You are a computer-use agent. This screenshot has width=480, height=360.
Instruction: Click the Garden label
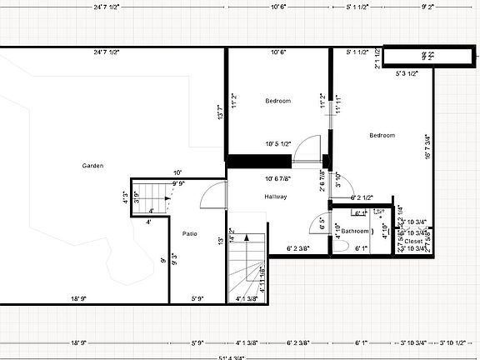click(x=92, y=166)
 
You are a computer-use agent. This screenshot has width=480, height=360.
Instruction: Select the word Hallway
click(x=275, y=197)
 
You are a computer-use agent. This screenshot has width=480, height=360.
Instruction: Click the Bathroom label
click(x=355, y=230)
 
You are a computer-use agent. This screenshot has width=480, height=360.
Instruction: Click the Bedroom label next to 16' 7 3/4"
click(x=382, y=135)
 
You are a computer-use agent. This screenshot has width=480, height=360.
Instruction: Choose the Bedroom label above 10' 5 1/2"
click(x=278, y=101)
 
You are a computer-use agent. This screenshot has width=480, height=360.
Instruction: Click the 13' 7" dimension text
click(x=220, y=112)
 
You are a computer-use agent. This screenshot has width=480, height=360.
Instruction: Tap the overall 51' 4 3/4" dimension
click(x=240, y=357)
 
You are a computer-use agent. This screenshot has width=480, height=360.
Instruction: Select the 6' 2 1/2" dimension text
click(x=365, y=197)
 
